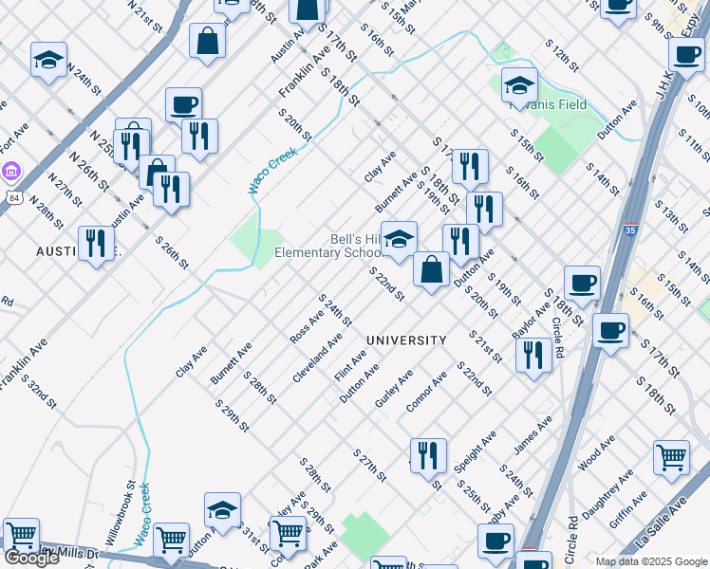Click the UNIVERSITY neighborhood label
click(x=406, y=340)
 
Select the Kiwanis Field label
click(x=548, y=105)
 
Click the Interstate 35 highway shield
click(x=631, y=229)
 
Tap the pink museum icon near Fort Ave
click(x=11, y=173)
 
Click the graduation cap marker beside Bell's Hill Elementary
click(x=400, y=240)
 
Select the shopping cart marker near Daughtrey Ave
click(x=671, y=458)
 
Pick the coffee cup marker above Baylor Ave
click(x=582, y=283)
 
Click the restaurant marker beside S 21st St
click(x=534, y=356)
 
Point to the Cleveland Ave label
click(x=317, y=358)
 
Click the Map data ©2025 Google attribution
click(x=651, y=561)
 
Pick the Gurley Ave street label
click(x=393, y=389)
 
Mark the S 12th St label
click(x=561, y=55)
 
